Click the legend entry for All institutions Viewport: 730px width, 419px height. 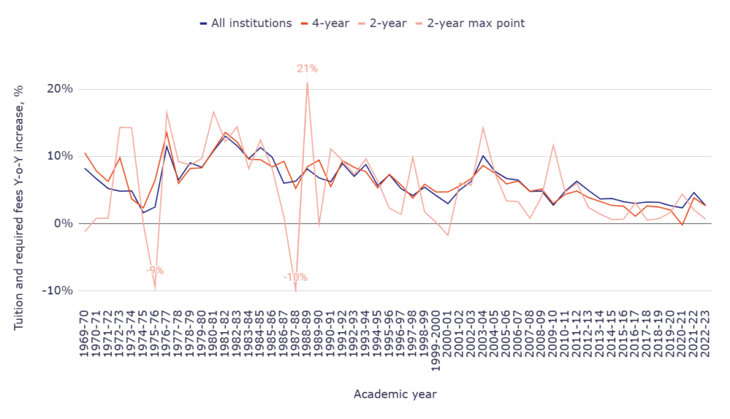(246, 23)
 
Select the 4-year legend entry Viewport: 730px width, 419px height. (327, 23)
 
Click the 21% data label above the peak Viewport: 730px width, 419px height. (307, 68)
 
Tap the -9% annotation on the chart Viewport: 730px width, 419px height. (155, 271)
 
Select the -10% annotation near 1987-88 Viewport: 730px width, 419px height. (295, 277)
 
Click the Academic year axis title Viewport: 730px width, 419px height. (395, 394)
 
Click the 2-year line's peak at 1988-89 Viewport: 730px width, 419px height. (307, 83)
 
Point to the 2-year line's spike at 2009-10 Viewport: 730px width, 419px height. (553, 145)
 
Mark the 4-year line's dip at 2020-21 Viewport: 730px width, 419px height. (682, 225)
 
